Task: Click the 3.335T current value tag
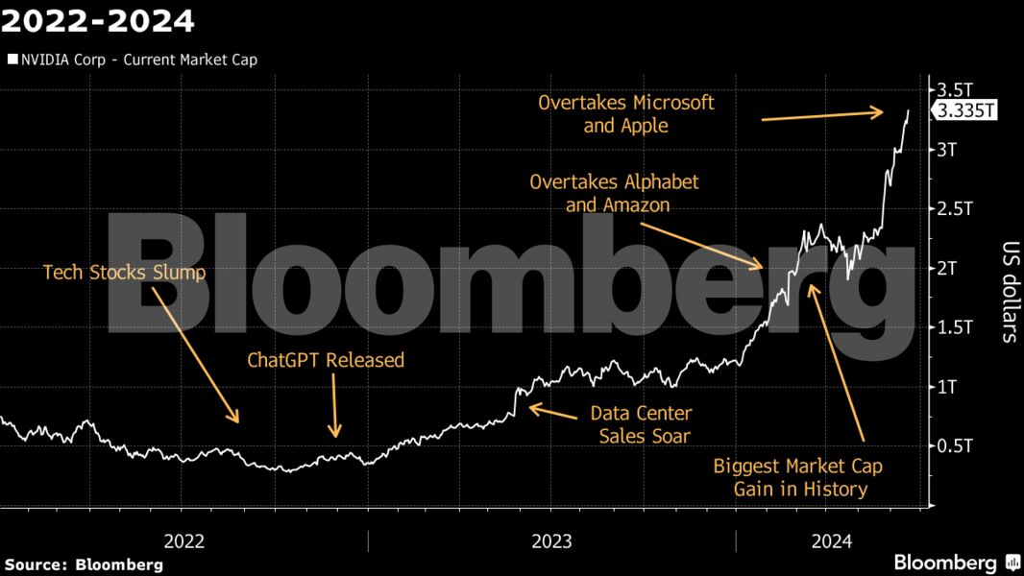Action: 965,111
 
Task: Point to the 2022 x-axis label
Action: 183,541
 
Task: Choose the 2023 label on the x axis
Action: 551,541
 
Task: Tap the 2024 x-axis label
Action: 832,541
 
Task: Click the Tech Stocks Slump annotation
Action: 125,273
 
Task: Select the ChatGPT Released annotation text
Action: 326,361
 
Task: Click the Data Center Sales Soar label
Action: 641,424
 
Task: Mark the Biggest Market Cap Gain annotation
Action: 797,477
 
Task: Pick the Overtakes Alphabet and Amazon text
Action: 614,193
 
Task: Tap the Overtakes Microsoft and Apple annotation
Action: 626,113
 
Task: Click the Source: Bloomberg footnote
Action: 85,564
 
